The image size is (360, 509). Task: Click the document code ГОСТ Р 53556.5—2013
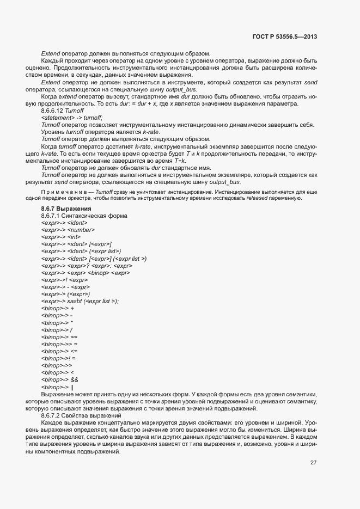click(285, 37)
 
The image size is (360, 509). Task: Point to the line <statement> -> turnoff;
click(71, 118)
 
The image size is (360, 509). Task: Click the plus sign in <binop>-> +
click(72, 308)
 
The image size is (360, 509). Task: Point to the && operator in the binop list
click(75, 379)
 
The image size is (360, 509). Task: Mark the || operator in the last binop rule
click(72, 386)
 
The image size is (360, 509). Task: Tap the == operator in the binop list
click(74, 336)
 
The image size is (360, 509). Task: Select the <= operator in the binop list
click(74, 351)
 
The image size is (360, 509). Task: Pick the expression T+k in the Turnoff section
click(180, 161)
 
